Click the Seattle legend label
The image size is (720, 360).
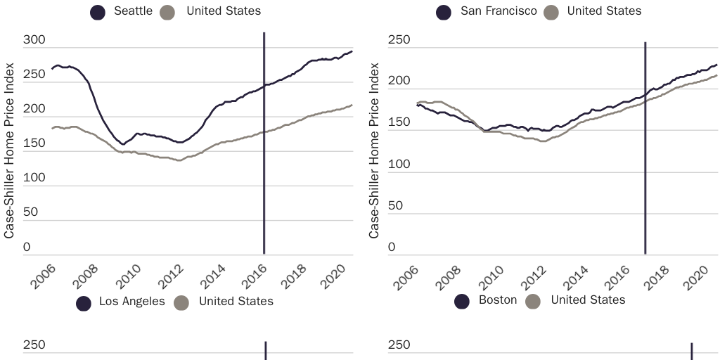point(133,11)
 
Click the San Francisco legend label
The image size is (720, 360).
point(499,11)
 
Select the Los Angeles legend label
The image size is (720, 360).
point(131,302)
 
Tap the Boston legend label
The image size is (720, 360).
point(497,300)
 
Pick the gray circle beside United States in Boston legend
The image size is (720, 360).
point(532,301)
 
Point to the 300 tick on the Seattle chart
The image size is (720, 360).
point(34,41)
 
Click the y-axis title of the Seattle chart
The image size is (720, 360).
point(9,150)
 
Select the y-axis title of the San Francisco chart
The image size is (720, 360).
point(374,150)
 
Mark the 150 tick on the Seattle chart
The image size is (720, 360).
point(34,143)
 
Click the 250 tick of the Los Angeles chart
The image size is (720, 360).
point(34,346)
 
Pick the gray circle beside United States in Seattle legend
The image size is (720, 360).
point(168,12)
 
